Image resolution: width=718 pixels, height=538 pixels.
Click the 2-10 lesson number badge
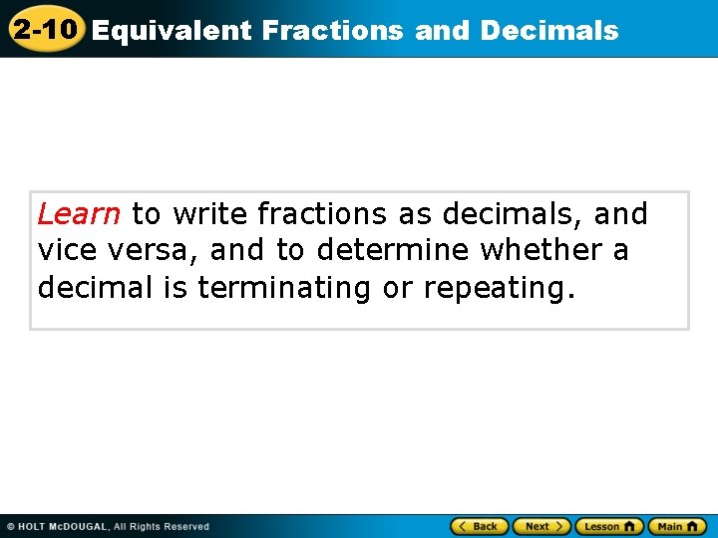pyautogui.click(x=46, y=29)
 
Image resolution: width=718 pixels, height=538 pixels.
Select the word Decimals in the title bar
pyautogui.click(x=549, y=31)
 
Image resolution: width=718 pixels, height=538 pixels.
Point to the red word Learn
pyautogui.click(x=79, y=214)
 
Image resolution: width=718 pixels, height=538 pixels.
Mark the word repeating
pyautogui.click(x=499, y=288)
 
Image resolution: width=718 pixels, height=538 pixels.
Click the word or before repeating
pyautogui.click(x=398, y=288)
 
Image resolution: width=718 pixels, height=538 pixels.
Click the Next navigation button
pyautogui.click(x=541, y=526)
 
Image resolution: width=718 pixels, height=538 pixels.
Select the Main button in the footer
pyautogui.click(x=676, y=526)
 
